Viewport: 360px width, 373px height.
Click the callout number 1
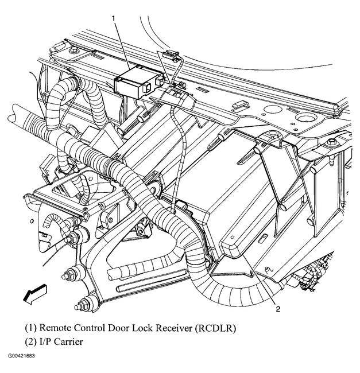pyautogui.click(x=113, y=18)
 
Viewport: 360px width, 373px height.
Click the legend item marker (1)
pyautogui.click(x=30, y=328)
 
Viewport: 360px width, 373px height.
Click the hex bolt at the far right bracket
pyautogui.click(x=332, y=141)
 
